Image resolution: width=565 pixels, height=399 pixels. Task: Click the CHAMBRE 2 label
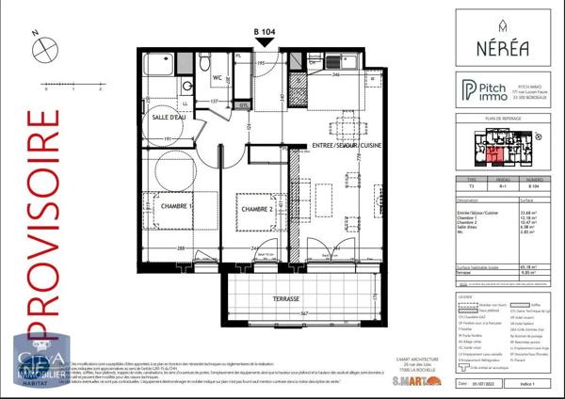255,209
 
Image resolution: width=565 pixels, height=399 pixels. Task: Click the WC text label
216,77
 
